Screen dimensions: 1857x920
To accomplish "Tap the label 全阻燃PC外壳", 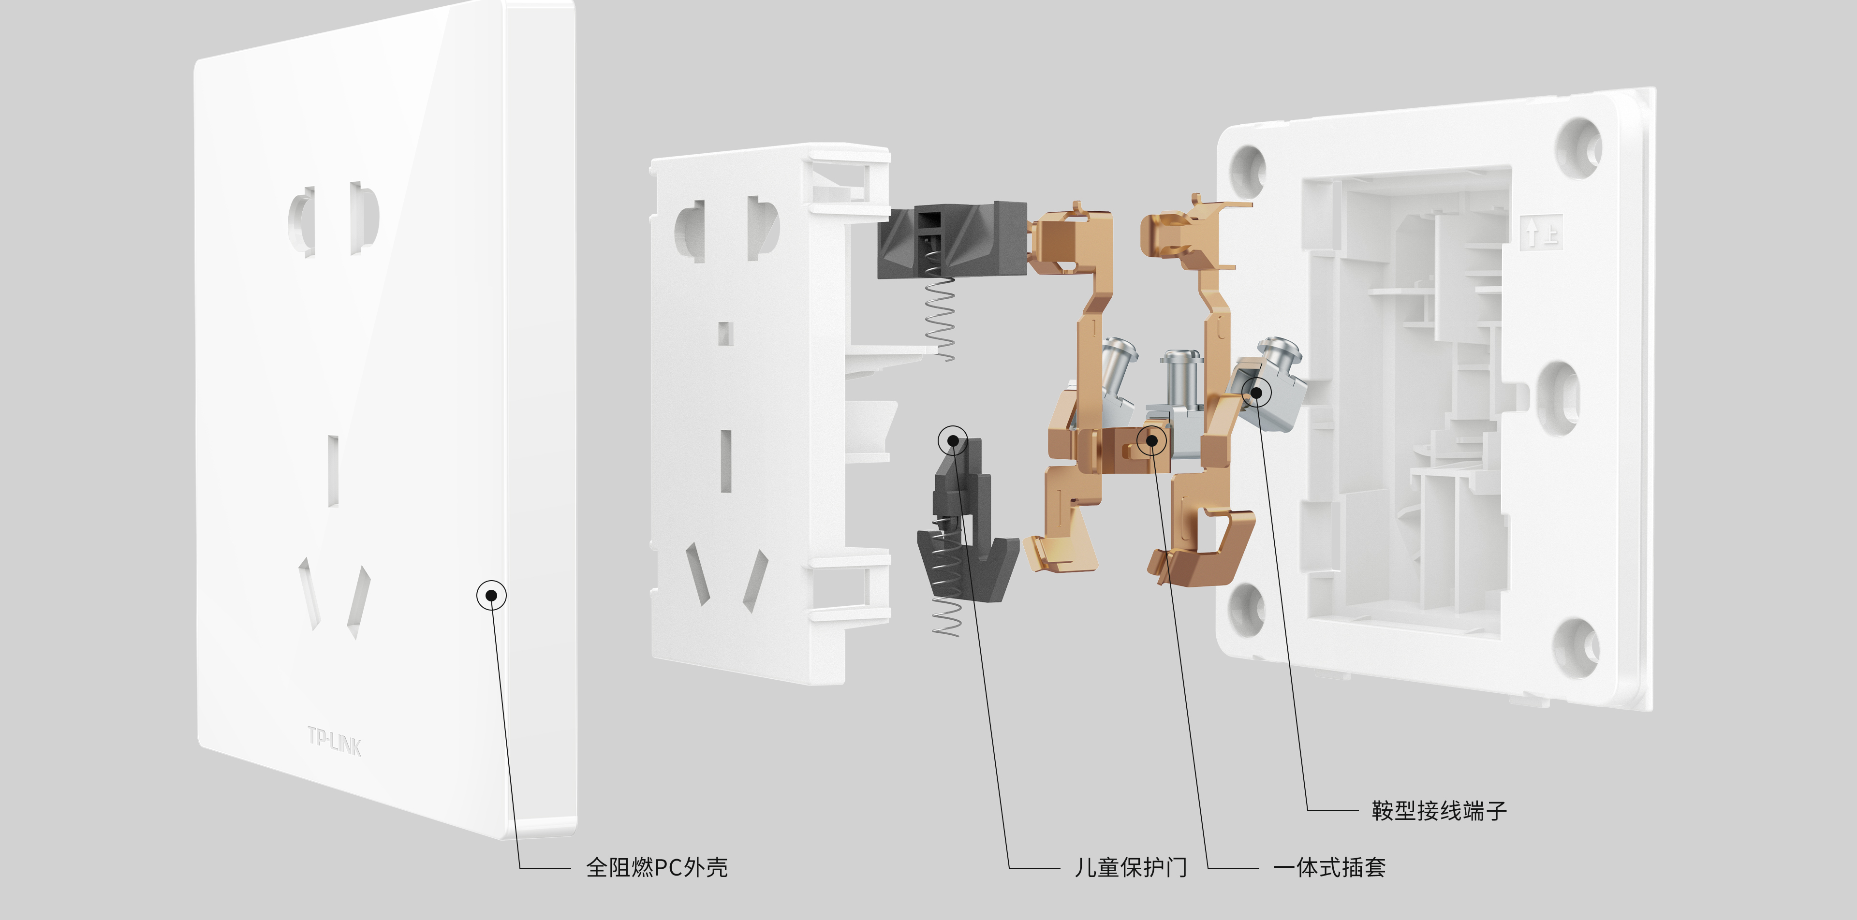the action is (x=657, y=867).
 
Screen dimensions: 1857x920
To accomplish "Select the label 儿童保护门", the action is (x=1130, y=867).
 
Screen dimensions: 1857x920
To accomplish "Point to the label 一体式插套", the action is (x=1329, y=867).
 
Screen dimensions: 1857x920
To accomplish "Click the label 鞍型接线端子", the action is (x=1439, y=810).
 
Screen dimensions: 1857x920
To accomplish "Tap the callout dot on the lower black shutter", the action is (x=953, y=440).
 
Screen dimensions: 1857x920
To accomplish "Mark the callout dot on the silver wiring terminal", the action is (x=1256, y=392).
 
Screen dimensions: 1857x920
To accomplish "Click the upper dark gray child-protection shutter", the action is (x=952, y=240).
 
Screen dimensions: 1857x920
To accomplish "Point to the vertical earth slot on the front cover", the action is (x=334, y=470).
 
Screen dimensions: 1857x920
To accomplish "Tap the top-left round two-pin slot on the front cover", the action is (x=302, y=221).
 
